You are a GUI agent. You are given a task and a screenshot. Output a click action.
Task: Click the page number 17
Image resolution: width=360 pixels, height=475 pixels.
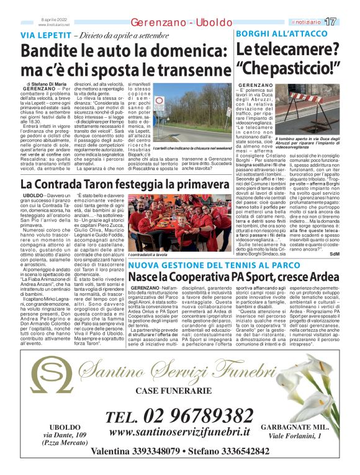pos(347,22)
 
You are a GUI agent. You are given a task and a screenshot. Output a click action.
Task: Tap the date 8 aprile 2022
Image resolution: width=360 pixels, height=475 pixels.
pos(53,19)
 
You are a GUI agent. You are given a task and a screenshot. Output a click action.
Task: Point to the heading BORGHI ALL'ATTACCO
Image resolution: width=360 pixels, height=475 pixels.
pos(276,35)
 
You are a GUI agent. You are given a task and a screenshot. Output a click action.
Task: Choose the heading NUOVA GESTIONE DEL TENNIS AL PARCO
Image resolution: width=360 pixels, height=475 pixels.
pos(215,265)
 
